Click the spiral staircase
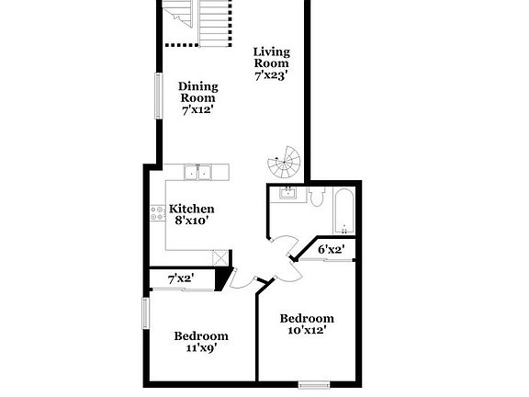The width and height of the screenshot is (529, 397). tap(285, 164)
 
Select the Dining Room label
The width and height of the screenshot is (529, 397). tap(197, 92)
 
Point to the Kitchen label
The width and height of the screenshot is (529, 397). tap(192, 209)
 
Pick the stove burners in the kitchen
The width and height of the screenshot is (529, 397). tap(157, 215)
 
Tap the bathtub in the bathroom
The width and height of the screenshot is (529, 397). tap(343, 210)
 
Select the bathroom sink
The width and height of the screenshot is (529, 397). tap(287, 193)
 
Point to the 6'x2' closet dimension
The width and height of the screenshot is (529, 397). tap(331, 249)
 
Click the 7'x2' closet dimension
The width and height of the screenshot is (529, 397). tap(180, 278)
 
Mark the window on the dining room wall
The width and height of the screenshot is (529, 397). tap(157, 95)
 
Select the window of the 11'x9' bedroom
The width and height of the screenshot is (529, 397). tap(144, 313)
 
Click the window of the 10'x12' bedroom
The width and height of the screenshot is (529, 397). tap(314, 383)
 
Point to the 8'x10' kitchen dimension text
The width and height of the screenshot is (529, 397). tap(193, 221)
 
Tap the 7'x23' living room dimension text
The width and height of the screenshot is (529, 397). tap(272, 77)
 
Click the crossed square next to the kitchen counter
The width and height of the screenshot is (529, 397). tap(220, 258)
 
